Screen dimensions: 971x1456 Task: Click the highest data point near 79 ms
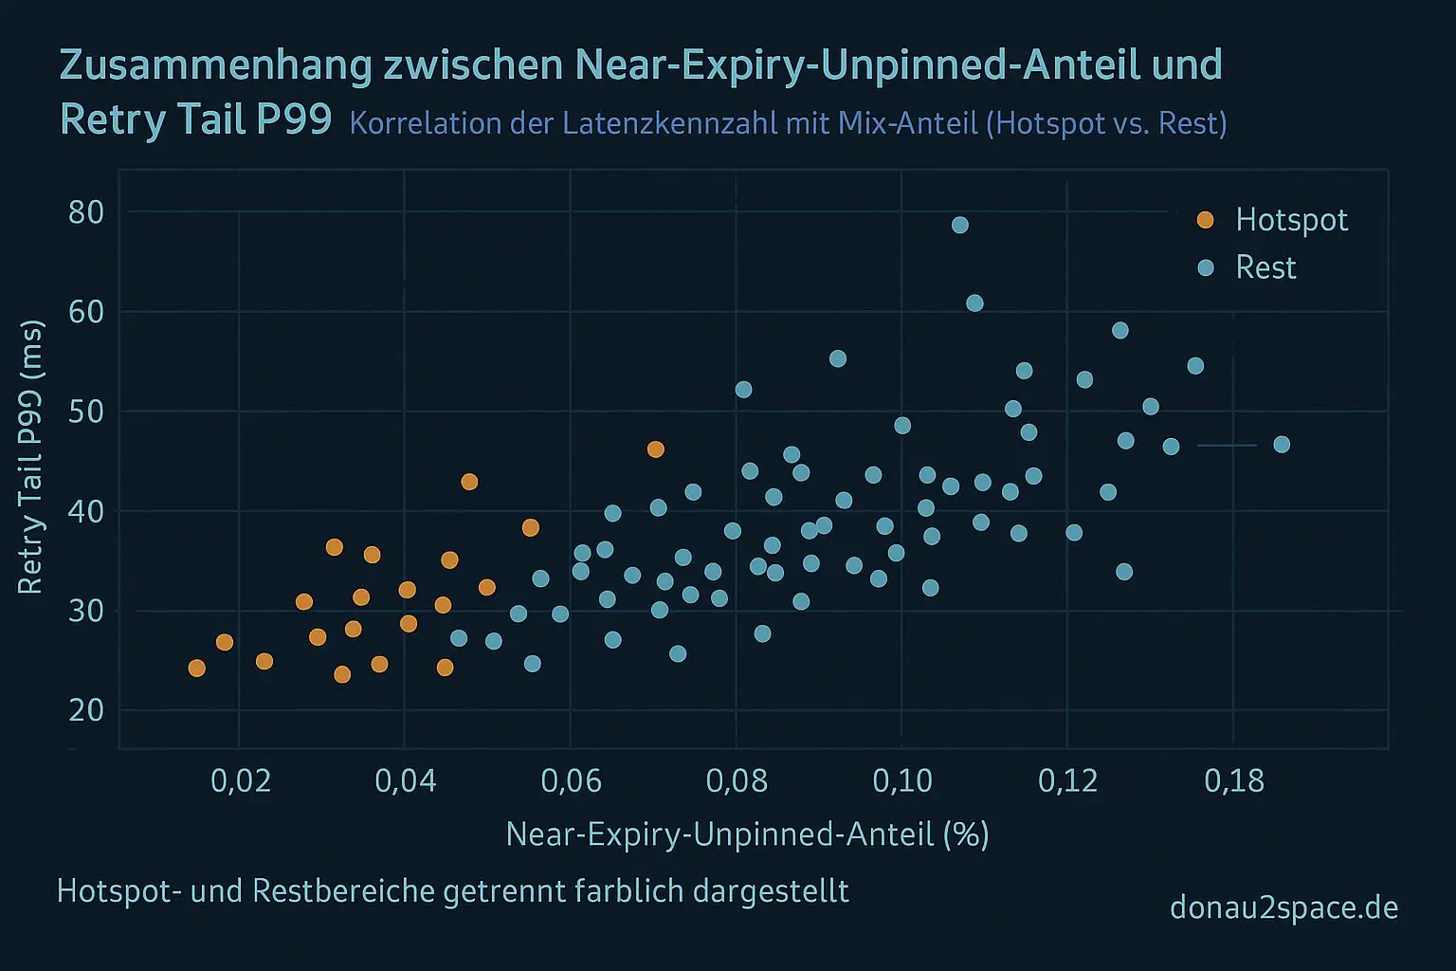coord(960,225)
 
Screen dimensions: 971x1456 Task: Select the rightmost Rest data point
coord(1282,445)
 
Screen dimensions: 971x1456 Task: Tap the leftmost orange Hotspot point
coord(197,669)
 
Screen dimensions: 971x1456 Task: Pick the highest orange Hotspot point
coord(655,449)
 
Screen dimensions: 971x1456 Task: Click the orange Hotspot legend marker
coord(1205,220)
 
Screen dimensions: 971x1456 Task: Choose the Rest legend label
coord(1265,267)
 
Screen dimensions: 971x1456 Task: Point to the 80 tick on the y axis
coord(86,211)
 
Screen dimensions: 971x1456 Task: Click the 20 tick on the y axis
coord(86,710)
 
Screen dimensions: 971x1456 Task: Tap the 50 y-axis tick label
coord(86,412)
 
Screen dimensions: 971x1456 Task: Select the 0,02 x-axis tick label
coord(239,780)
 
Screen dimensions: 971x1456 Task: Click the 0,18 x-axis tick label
coord(1233,780)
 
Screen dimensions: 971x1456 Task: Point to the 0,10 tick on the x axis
coord(901,780)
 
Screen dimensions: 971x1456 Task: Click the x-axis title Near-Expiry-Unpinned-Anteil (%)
coord(747,834)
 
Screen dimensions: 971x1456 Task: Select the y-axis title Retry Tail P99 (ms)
coord(30,458)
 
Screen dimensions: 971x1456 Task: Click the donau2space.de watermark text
coord(1283,907)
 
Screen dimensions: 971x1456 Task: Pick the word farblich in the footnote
coord(628,891)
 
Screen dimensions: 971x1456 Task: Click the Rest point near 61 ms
coord(974,303)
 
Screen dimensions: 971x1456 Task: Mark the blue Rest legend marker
coord(1205,267)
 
